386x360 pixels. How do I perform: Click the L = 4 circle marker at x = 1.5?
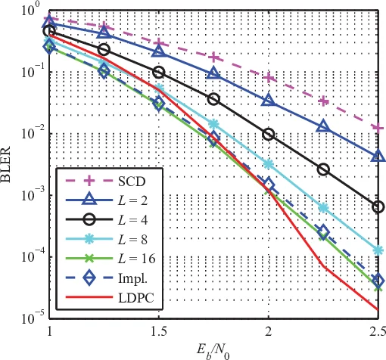click(x=159, y=72)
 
